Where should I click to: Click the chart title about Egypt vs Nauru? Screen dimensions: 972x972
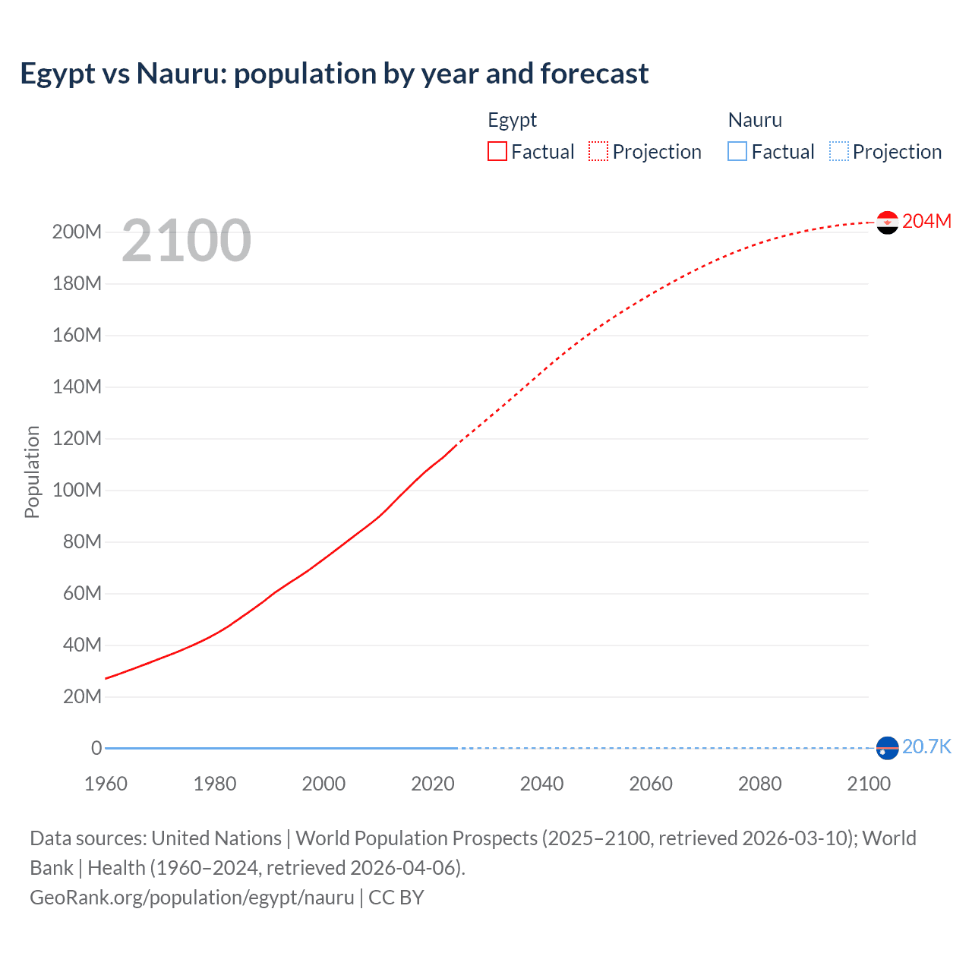(x=334, y=74)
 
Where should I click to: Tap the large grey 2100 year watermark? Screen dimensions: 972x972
(x=186, y=241)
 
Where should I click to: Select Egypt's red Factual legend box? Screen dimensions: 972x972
(x=497, y=152)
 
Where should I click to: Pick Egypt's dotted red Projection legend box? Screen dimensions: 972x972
(x=598, y=152)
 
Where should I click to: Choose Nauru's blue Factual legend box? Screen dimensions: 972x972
(x=737, y=152)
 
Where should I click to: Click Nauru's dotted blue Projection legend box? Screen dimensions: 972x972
(x=838, y=152)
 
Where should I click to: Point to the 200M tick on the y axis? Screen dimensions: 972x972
(x=77, y=232)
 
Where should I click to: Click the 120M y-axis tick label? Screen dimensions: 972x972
(x=77, y=439)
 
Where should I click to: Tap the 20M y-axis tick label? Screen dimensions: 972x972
(x=81, y=697)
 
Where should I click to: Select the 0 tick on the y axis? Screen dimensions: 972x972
(x=96, y=749)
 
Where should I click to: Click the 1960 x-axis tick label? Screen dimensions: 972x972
(x=106, y=784)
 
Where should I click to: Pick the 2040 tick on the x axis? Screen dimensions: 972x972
(x=541, y=784)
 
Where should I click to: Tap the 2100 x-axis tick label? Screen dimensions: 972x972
(x=869, y=784)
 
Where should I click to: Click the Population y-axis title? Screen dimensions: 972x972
(x=32, y=472)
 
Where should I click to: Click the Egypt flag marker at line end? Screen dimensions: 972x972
(x=887, y=222)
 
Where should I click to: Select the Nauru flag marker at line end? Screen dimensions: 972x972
(x=887, y=748)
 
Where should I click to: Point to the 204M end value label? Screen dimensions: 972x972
(x=926, y=221)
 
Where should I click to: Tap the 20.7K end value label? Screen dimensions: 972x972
(x=926, y=747)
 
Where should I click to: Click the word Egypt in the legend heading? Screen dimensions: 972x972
(x=512, y=120)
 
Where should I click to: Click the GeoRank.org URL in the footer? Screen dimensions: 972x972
(x=191, y=898)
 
